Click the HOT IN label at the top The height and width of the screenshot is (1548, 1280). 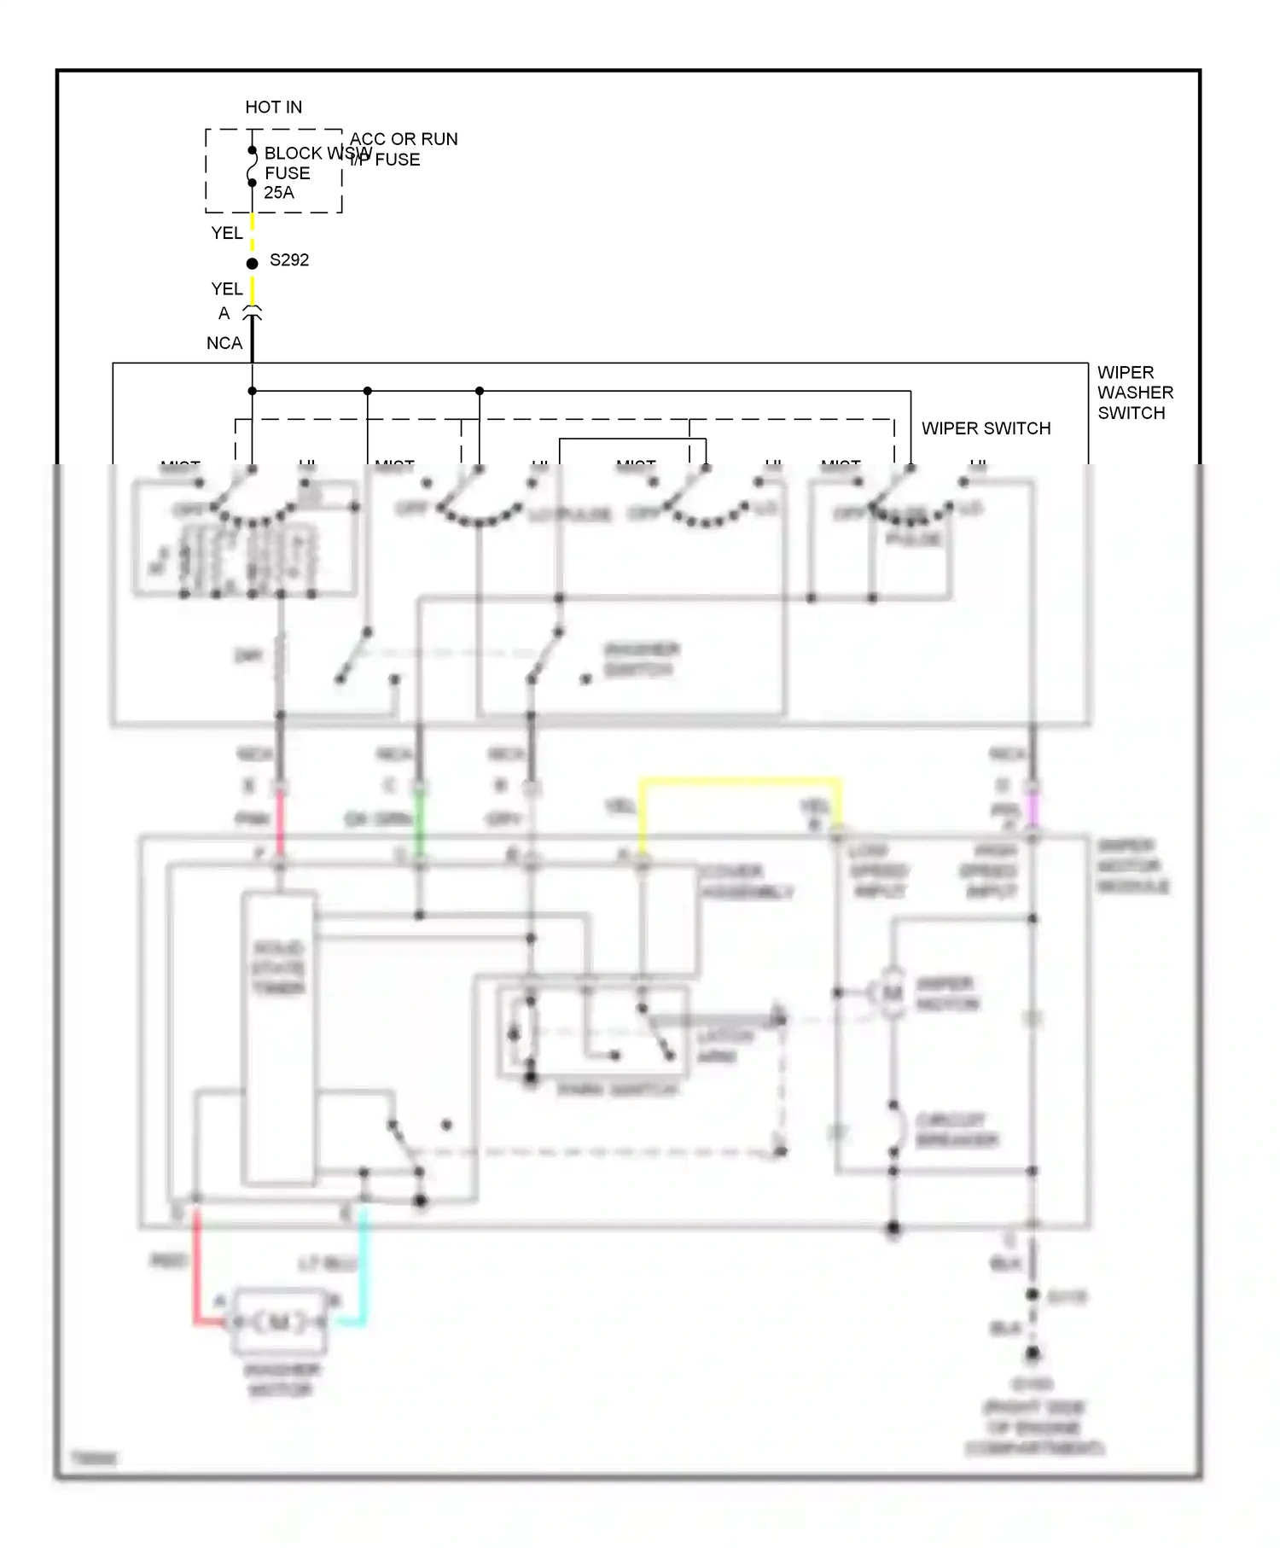pos(273,108)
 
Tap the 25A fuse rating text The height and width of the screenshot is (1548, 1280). pos(279,193)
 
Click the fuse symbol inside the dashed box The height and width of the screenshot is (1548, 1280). pos(252,167)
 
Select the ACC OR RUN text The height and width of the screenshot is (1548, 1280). pos(404,139)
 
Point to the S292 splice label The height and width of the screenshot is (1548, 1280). pos(289,260)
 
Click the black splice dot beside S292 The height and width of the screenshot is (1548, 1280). pos(252,264)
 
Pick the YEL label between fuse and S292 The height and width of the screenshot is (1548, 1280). pos(227,233)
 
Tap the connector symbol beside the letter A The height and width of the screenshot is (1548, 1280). pos(252,313)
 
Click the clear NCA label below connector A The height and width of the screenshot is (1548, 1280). pos(224,343)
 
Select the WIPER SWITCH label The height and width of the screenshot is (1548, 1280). pos(986,428)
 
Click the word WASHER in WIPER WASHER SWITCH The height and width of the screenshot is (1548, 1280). pos(1135,393)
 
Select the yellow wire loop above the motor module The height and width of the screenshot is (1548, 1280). pos(740,780)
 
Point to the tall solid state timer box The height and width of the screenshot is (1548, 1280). pos(279,1037)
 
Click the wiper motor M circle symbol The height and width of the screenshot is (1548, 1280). pos(892,993)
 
